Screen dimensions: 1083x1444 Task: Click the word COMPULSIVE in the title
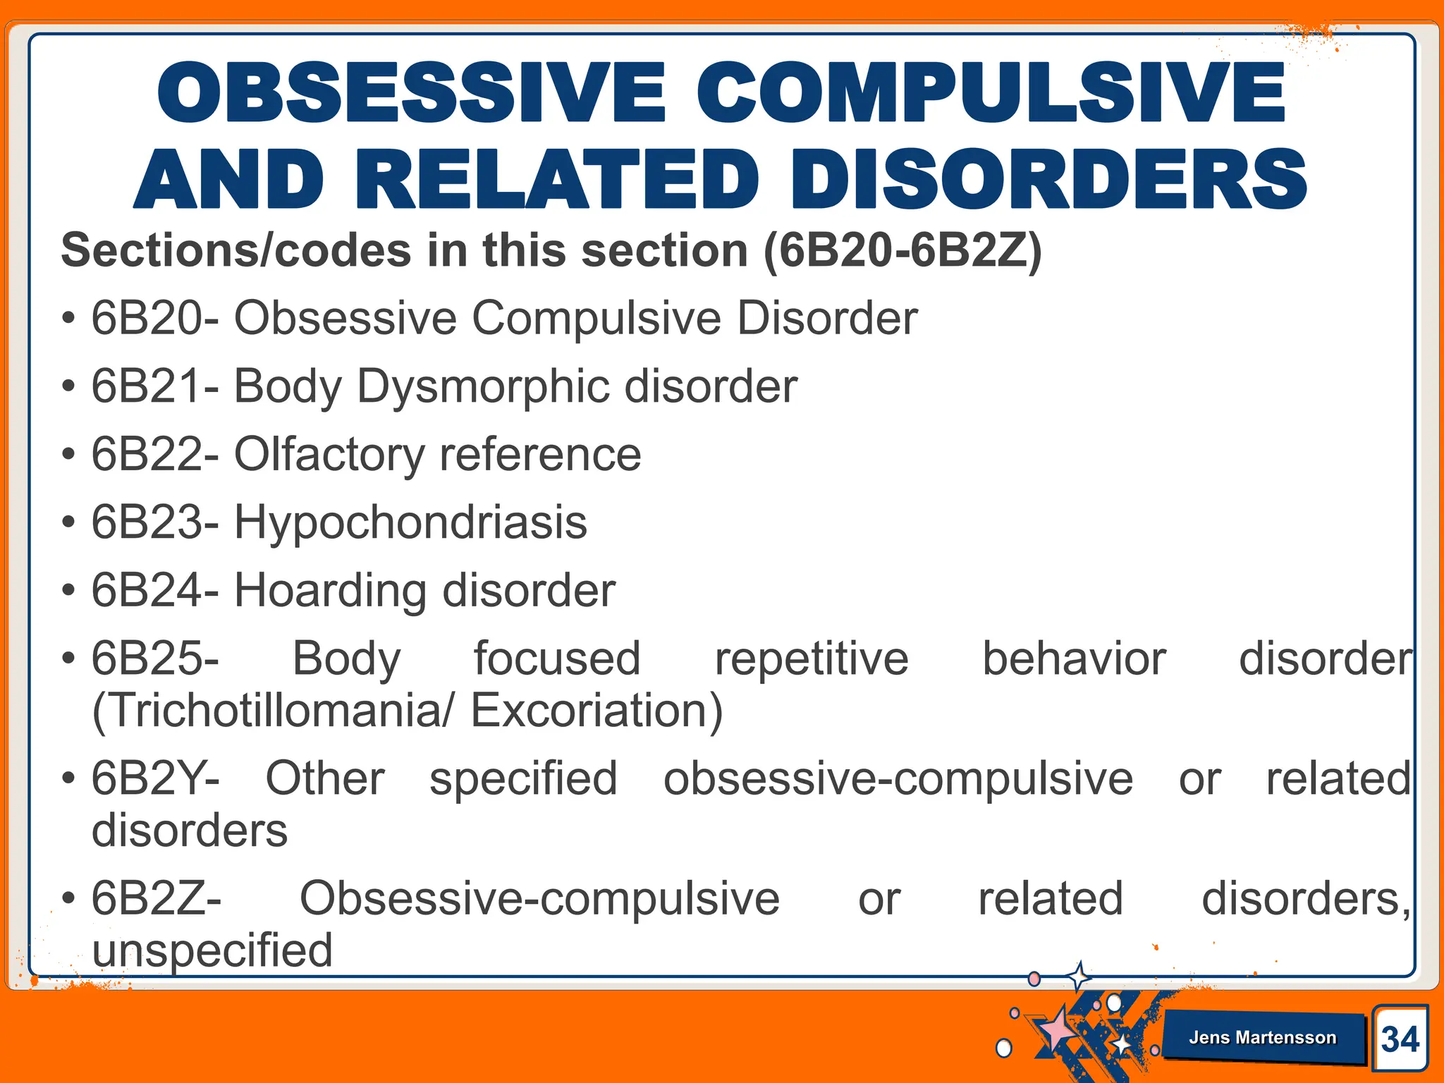991,93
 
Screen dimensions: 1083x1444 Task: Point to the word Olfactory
329,455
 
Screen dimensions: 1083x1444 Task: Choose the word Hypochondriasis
410,522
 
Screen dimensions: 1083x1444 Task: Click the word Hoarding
329,590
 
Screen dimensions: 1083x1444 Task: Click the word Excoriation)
596,710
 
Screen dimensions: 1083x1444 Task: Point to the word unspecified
212,950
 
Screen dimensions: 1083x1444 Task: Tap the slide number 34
1400,1039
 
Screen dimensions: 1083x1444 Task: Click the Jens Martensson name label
1262,1037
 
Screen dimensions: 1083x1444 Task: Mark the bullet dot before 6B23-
68,523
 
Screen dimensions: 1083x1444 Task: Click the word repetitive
812,659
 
